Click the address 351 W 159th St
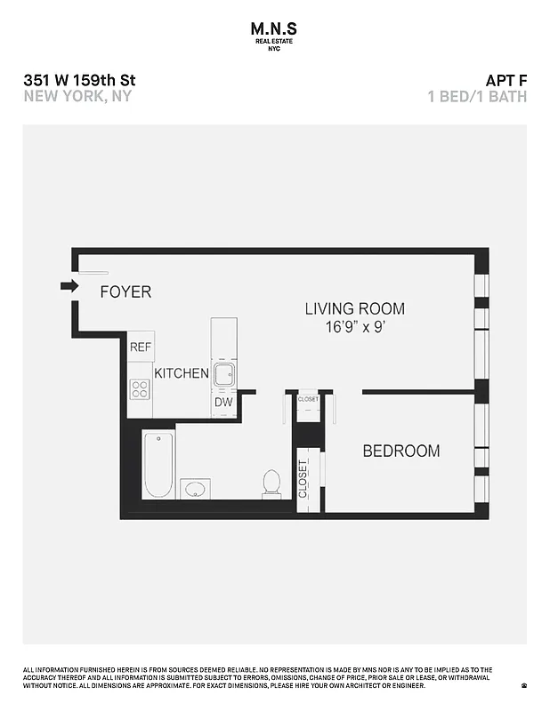[x=79, y=80]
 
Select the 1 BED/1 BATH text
[x=477, y=96]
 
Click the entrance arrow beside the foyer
[x=69, y=285]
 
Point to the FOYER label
[x=125, y=292]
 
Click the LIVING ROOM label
[x=354, y=309]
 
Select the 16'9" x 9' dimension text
[x=354, y=327]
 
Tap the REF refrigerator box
[x=141, y=347]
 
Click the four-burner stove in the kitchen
[x=141, y=388]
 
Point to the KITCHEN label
[x=182, y=373]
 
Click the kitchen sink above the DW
[x=223, y=373]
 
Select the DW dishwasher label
[x=223, y=403]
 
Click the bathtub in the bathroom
[x=158, y=464]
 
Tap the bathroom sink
[x=196, y=488]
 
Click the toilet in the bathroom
[x=272, y=483]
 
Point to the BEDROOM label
[x=400, y=451]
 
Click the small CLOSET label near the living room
[x=308, y=400]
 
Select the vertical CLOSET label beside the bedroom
[x=303, y=479]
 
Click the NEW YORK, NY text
[x=77, y=96]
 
